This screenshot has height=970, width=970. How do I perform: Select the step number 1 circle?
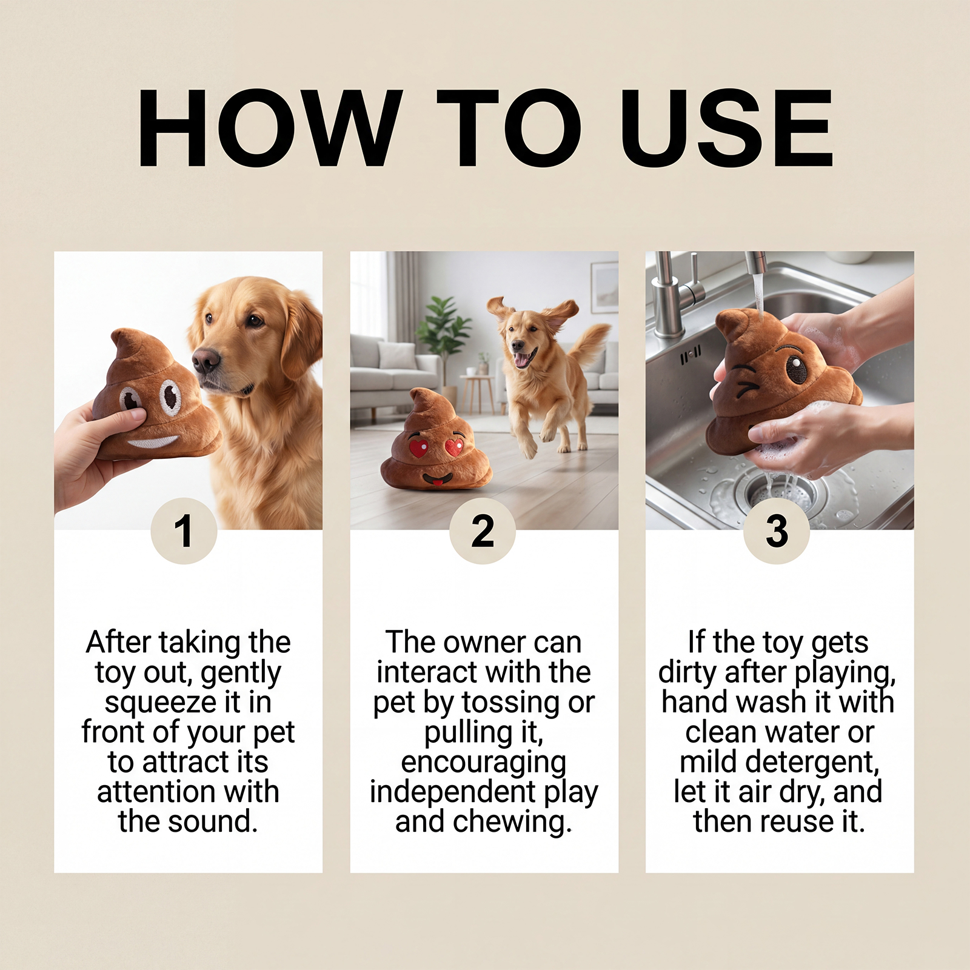tap(184, 531)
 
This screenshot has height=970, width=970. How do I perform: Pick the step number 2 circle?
tap(483, 531)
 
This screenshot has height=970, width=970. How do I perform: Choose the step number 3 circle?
tap(777, 531)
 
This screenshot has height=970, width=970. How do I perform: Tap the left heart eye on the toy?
tap(418, 449)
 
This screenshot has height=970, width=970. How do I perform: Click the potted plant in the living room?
tap(447, 339)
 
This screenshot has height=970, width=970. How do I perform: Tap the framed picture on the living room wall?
tap(604, 288)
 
